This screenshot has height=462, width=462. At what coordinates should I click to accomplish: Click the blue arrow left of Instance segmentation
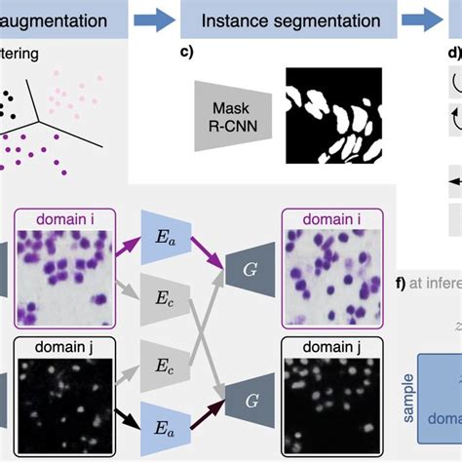(x=154, y=19)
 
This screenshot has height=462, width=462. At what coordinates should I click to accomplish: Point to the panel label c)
(x=188, y=55)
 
